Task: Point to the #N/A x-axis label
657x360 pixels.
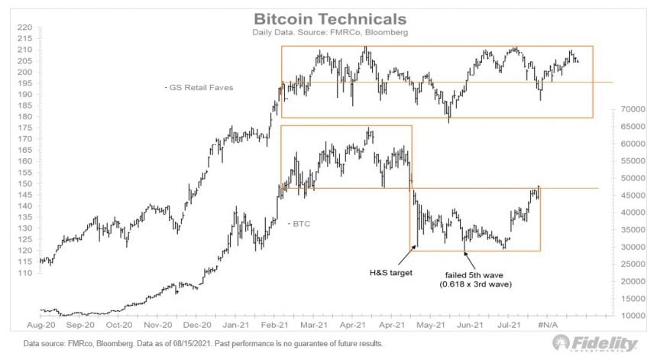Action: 549,324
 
